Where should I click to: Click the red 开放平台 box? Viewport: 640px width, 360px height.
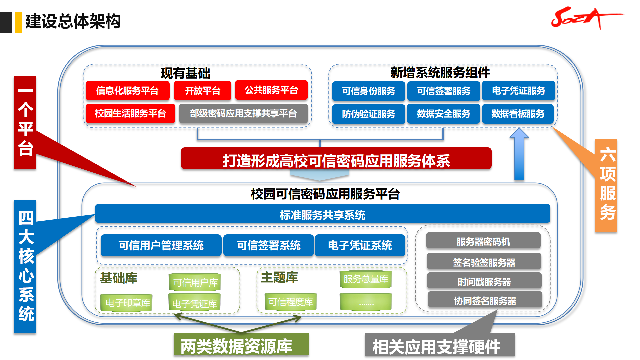click(202, 91)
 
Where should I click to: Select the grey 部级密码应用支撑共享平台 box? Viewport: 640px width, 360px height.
click(243, 114)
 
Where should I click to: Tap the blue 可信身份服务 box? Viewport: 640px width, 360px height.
click(368, 91)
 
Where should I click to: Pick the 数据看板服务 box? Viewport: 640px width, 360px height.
click(518, 114)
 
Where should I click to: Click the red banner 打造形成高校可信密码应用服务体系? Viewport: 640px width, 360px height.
click(336, 159)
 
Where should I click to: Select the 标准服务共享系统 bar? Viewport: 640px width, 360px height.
click(322, 214)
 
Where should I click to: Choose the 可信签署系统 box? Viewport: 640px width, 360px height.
click(268, 246)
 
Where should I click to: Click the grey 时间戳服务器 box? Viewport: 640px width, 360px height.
click(484, 282)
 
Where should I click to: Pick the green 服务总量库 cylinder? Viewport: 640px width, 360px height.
click(366, 279)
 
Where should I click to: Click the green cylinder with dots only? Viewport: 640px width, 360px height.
click(366, 302)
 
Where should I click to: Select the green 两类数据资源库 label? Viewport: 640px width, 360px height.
click(241, 345)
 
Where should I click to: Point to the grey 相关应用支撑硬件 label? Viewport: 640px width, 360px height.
click(439, 346)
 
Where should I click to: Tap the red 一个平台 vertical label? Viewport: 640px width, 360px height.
click(25, 122)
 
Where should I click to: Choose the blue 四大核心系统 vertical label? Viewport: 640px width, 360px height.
click(25, 266)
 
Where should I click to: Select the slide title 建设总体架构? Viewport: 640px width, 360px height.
click(73, 22)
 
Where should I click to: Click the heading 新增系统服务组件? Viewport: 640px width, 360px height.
click(440, 72)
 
